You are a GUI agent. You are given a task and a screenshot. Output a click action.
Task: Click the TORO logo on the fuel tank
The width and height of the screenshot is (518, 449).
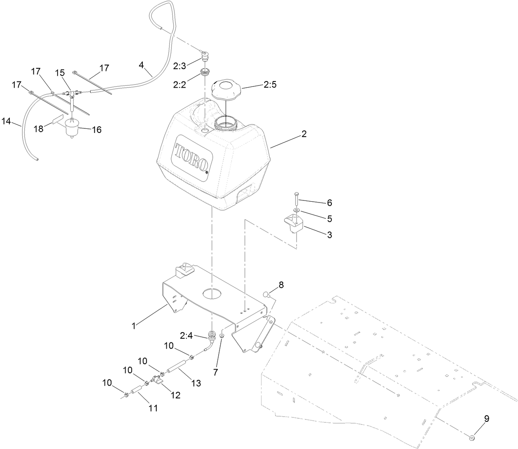coord(192,157)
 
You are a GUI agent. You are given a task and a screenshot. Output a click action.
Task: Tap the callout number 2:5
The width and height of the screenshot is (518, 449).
coord(270,85)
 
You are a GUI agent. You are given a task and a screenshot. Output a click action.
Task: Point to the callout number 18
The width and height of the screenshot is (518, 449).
coord(39,129)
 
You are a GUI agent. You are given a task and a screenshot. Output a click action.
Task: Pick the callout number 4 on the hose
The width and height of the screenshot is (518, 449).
coord(141,65)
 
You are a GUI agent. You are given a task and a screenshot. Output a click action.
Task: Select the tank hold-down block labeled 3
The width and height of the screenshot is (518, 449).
coord(294,223)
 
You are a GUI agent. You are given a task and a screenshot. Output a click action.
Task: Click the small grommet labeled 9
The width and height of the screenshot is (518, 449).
coord(473,437)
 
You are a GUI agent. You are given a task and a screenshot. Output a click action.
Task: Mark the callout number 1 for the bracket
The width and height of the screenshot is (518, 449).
coord(133,326)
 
